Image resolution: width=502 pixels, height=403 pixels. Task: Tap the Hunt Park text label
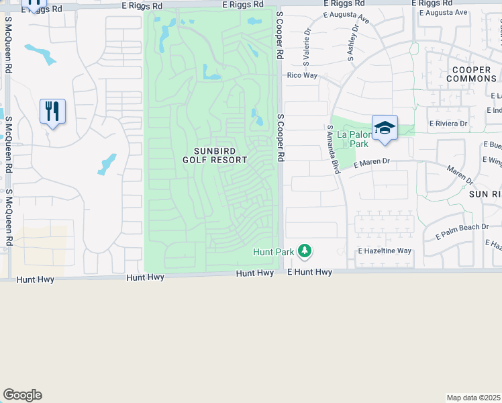click(273, 252)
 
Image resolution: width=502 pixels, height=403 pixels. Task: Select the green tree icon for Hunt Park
click(305, 251)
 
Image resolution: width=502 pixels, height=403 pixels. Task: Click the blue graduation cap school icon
click(385, 127)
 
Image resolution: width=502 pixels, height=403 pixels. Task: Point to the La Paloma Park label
click(353, 139)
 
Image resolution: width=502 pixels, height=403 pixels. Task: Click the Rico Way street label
click(301, 76)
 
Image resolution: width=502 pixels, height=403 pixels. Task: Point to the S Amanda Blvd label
click(333, 149)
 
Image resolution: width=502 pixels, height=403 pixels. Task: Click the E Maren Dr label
click(371, 162)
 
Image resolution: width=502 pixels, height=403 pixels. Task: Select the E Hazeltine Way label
click(384, 251)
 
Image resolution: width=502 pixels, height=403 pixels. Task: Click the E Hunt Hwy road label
click(309, 272)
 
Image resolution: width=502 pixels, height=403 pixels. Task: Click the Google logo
click(22, 395)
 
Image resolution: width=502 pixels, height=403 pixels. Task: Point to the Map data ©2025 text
click(474, 398)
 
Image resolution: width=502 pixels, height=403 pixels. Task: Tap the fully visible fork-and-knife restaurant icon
click(52, 111)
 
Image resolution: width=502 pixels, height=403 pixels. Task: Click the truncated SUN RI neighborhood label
click(485, 193)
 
